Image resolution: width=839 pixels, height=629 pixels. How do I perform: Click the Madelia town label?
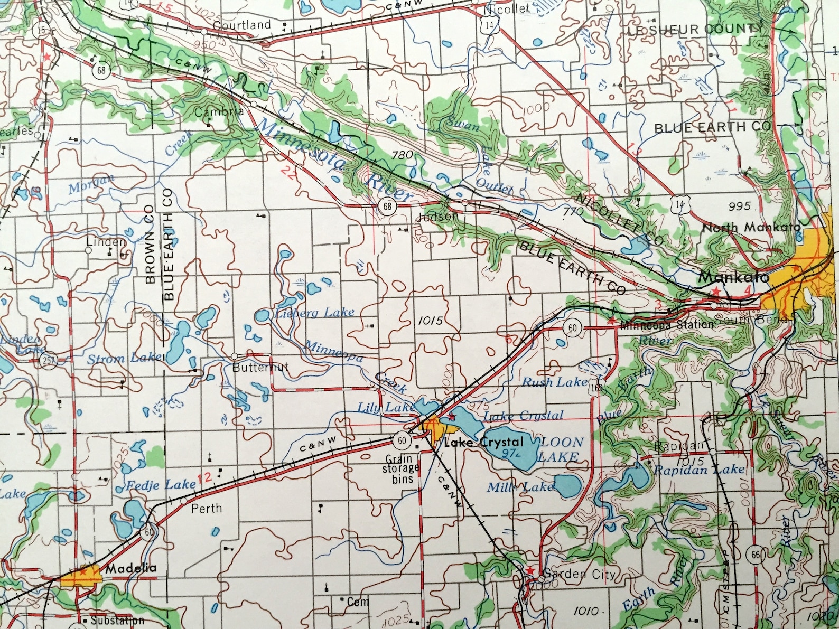point(131,569)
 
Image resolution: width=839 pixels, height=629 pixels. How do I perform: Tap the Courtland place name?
point(242,25)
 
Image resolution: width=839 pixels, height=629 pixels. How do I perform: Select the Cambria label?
point(219,112)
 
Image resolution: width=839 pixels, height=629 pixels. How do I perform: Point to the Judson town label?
point(438,217)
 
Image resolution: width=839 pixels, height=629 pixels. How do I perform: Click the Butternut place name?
point(260,367)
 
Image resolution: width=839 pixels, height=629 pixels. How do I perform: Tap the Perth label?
point(207,509)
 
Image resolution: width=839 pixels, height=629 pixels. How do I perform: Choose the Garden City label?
point(579,574)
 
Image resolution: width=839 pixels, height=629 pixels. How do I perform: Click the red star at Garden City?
point(530,570)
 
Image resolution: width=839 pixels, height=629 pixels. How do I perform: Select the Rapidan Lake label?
point(700,470)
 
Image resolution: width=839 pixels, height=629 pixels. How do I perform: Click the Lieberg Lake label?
point(314,313)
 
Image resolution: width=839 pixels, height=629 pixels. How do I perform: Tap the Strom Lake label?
point(125,359)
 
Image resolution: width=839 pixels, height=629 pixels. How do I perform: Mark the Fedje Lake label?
point(161,485)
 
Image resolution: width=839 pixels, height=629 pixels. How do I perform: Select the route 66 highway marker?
point(756,555)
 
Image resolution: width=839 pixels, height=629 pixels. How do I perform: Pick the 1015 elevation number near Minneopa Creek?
point(430,321)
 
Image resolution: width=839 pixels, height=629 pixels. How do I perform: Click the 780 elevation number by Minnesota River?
point(403,155)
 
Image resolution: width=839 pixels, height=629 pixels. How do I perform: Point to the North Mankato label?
point(751,228)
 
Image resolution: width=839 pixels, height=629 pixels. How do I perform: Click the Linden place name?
point(106,242)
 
